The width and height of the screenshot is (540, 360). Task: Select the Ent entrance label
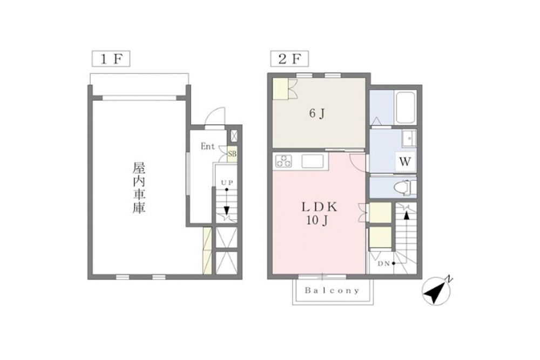click(208, 146)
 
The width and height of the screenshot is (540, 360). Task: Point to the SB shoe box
click(232, 154)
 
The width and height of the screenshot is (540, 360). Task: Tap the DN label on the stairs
click(384, 264)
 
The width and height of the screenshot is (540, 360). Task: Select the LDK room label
click(319, 207)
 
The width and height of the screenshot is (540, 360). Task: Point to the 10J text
click(319, 221)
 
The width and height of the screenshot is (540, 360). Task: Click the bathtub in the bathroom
click(405, 108)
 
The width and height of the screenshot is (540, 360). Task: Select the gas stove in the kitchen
click(283, 160)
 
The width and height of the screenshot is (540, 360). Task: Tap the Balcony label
click(333, 290)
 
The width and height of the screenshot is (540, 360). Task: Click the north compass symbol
click(436, 292)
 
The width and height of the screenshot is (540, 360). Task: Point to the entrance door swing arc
click(215, 116)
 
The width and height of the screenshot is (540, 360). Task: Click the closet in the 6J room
click(281, 89)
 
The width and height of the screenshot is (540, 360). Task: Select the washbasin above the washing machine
click(409, 138)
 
